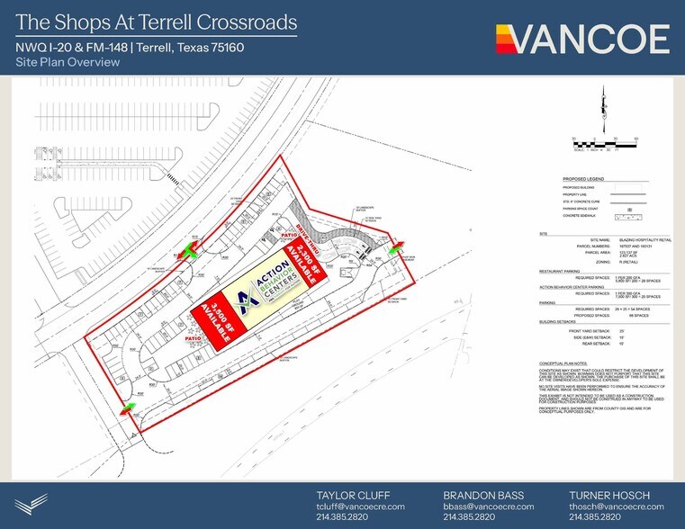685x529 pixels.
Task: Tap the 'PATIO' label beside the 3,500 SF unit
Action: [193, 339]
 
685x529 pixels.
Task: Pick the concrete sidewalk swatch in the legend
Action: [628, 217]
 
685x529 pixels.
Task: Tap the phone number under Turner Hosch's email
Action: [594, 517]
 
